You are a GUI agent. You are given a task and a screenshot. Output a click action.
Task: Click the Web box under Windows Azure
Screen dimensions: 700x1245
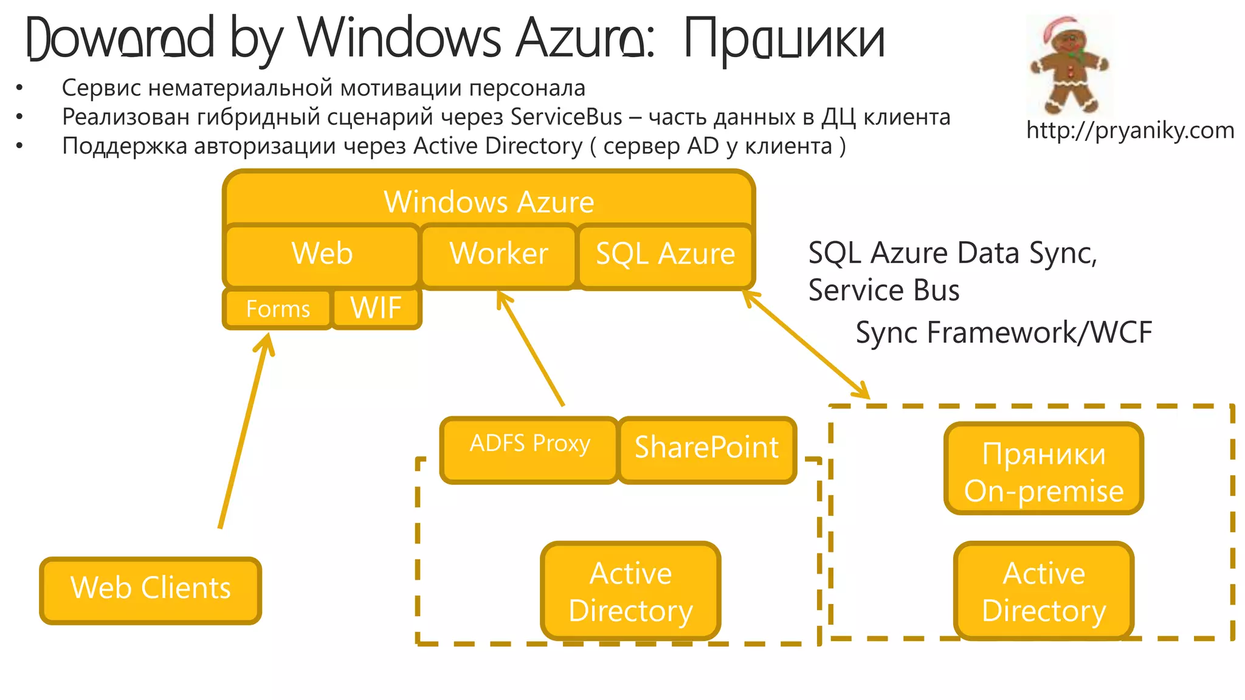pos(322,254)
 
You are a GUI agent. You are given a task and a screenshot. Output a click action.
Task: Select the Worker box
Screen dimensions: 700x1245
pos(498,254)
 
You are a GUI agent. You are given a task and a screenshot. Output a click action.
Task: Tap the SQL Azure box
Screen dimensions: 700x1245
pos(665,254)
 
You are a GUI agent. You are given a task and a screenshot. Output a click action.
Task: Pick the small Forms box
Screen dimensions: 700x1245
pos(278,309)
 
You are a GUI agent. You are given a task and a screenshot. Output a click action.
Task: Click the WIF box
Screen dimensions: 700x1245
pos(376,308)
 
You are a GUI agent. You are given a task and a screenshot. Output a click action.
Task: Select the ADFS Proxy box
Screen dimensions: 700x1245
pos(529,450)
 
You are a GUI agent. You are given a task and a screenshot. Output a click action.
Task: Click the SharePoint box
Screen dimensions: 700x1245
pos(706,450)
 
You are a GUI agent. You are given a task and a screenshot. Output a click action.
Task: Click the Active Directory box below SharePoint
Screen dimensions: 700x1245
pos(630,591)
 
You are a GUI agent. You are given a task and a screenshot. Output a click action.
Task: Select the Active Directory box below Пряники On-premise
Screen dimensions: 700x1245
pos(1043,591)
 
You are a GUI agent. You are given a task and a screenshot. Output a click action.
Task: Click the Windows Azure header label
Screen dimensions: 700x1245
pos(489,202)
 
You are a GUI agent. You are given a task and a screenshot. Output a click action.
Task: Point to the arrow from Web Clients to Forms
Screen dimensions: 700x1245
pos(243,431)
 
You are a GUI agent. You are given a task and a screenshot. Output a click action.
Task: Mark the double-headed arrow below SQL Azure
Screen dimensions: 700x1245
pos(806,345)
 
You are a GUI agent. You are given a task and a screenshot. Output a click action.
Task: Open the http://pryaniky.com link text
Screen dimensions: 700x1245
pos(1129,131)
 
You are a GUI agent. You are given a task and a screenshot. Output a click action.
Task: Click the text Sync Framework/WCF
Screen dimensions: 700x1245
pos(1003,333)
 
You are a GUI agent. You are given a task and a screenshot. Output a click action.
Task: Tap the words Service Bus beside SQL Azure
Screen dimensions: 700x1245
pos(883,290)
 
